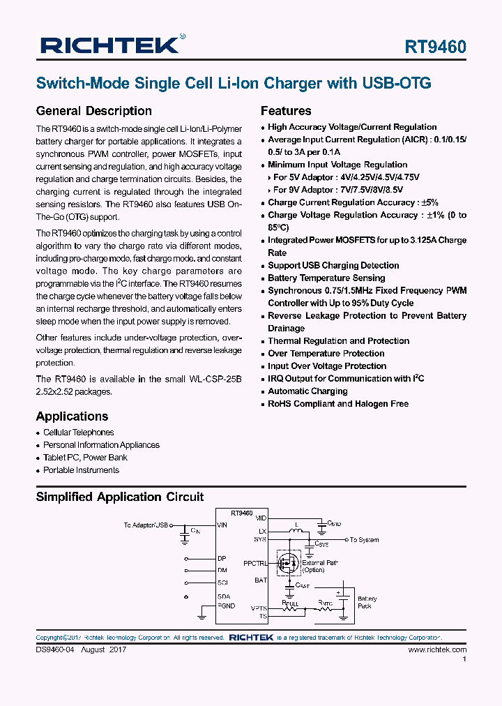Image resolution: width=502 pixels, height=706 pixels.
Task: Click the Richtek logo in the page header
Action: tap(112, 45)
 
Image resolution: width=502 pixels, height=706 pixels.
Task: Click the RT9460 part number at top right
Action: tap(436, 47)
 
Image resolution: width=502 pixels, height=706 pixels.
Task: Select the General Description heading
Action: tap(93, 111)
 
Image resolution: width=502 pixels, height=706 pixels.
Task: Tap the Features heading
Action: tap(286, 111)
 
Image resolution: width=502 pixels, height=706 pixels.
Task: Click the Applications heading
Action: tap(72, 416)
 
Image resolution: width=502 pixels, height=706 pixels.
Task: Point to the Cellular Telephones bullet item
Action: tap(78, 433)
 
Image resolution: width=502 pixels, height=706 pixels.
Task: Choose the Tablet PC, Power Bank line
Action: tap(85, 458)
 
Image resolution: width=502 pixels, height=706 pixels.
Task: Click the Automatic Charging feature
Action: tap(307, 391)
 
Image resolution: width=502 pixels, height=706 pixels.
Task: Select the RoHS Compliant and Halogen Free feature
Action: tap(338, 404)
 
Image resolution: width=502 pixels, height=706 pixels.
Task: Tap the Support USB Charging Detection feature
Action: tap(333, 266)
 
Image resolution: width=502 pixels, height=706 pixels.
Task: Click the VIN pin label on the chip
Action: tap(222, 525)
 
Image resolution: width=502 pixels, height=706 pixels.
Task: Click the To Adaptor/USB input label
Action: tap(146, 525)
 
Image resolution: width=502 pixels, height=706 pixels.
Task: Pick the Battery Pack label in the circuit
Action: tap(367, 603)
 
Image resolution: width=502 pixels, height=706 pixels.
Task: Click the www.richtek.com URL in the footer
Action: tap(437, 649)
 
